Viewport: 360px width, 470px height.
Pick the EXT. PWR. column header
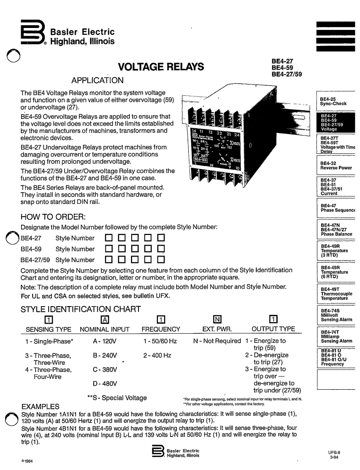click(217, 329)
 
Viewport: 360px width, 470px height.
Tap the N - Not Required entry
click(217, 341)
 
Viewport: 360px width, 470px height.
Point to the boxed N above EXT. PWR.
click(217, 319)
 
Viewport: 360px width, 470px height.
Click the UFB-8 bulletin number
click(333, 453)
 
